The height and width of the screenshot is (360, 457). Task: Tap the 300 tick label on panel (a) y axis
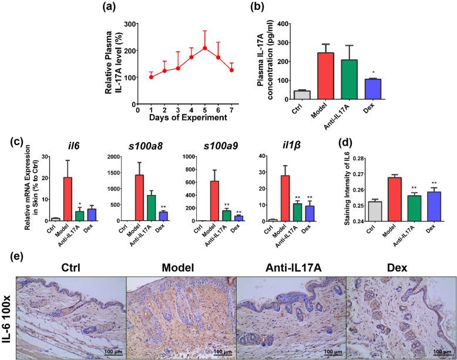click(126, 24)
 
